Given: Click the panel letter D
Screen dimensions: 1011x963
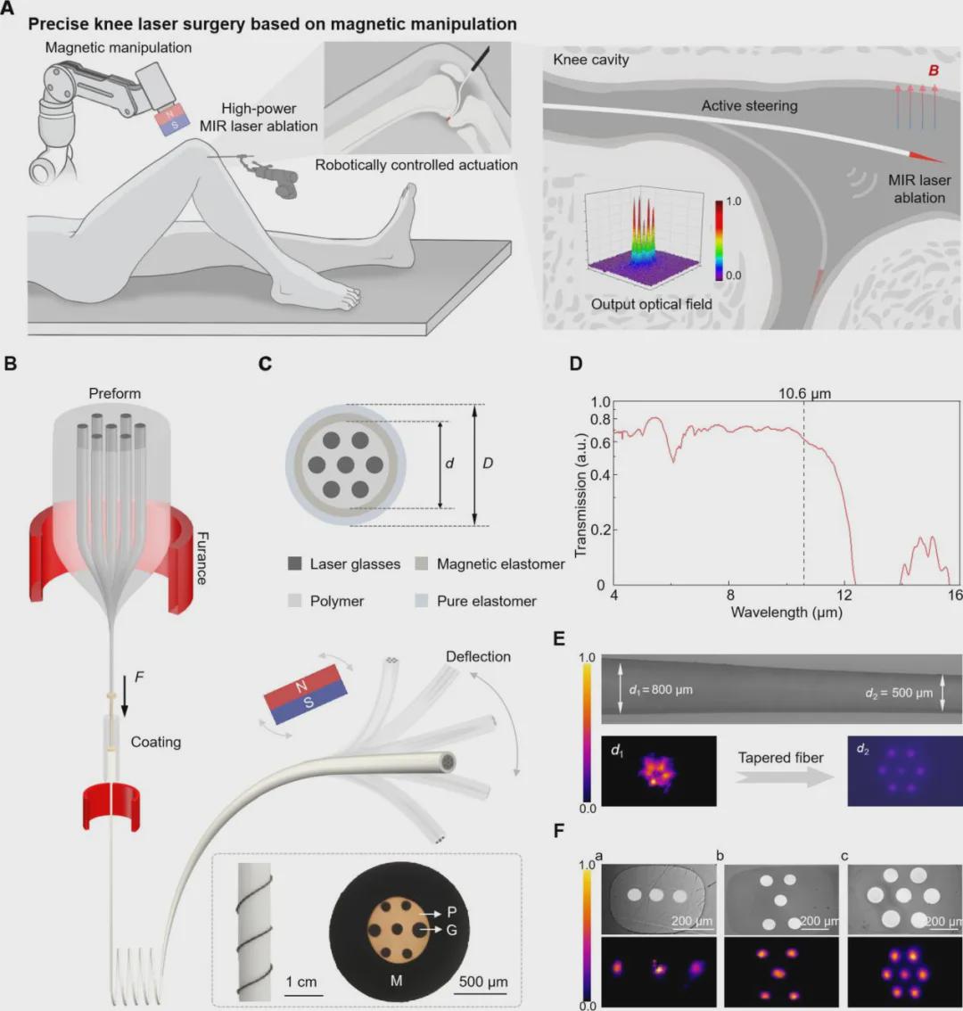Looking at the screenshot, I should [x=576, y=364].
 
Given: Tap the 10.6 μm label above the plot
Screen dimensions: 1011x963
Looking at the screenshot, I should [x=805, y=394].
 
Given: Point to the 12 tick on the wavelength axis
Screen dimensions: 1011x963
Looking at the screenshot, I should [x=844, y=596].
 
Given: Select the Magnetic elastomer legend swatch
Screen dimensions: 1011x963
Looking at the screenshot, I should [x=421, y=564].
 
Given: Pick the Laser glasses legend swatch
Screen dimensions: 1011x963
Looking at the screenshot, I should [x=294, y=564].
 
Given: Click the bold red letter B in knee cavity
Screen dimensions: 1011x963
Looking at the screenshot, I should [x=933, y=70].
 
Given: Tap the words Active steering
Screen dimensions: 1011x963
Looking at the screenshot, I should [x=749, y=105].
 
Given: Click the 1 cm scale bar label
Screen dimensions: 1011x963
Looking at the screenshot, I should [x=301, y=982].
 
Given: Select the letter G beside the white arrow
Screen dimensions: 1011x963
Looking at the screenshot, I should [x=452, y=930].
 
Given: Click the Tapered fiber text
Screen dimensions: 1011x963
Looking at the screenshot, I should [x=780, y=758].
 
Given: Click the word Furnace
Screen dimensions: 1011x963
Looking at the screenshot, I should [x=202, y=557].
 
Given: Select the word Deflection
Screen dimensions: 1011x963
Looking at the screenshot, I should [x=478, y=656].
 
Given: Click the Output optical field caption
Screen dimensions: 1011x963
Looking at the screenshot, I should [x=651, y=304].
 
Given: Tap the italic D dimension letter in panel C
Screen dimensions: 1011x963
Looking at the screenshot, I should [x=488, y=464].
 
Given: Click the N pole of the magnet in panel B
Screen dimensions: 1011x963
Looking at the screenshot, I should [x=300, y=686].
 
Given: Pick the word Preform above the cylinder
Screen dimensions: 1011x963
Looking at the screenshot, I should [x=114, y=393].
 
